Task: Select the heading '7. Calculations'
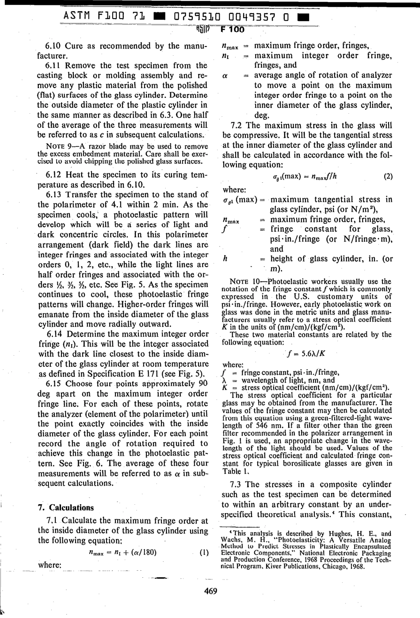(65, 507)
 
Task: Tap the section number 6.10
(56, 46)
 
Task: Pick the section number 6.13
(56, 195)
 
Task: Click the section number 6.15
(56, 384)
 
